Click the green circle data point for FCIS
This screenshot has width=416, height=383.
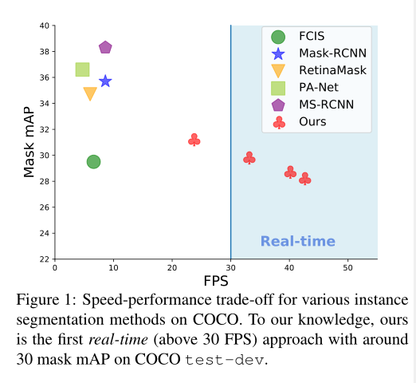(x=93, y=162)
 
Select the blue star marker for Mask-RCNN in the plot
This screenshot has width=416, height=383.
(x=105, y=81)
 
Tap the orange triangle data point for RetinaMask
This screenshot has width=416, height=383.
(x=90, y=93)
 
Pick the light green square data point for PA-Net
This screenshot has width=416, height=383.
(x=82, y=70)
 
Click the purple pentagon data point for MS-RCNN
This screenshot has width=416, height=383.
(x=105, y=48)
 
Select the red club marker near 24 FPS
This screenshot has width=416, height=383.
(x=194, y=140)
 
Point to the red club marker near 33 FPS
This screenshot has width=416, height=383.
(x=249, y=158)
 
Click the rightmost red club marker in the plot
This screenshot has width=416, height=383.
(x=304, y=179)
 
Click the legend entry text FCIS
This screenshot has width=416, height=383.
(x=312, y=36)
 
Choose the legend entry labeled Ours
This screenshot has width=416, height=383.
(x=312, y=122)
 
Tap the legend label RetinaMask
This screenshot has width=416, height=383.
(x=332, y=70)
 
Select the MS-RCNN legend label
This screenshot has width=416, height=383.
(x=326, y=105)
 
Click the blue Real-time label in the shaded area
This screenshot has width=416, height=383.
(x=298, y=242)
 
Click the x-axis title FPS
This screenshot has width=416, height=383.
(x=216, y=281)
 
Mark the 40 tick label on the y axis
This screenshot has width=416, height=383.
(x=44, y=26)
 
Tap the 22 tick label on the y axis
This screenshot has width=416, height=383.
(x=44, y=259)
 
